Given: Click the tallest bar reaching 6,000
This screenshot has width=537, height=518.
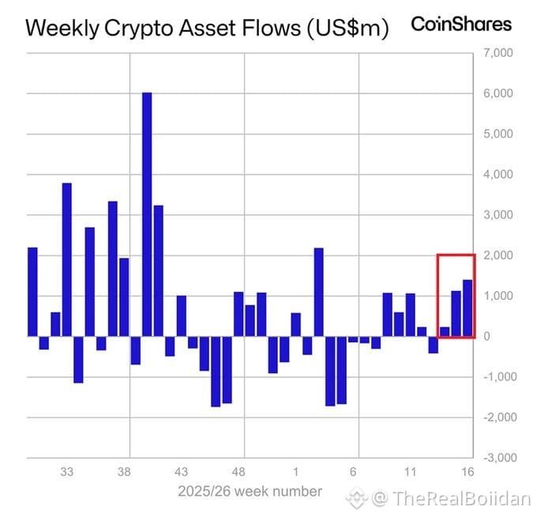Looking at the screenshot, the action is pyautogui.click(x=147, y=214).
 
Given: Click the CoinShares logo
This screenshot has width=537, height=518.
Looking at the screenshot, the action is pyautogui.click(x=461, y=25).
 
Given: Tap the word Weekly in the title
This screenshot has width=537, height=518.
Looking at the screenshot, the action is pyautogui.click(x=62, y=28).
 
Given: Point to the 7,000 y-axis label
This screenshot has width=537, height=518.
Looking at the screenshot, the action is pyautogui.click(x=498, y=53).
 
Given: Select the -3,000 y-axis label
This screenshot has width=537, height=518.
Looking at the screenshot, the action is pyautogui.click(x=500, y=458).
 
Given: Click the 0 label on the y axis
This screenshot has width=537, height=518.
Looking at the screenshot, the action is pyautogui.click(x=486, y=337).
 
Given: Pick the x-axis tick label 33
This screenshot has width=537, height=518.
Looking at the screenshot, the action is pyautogui.click(x=67, y=472).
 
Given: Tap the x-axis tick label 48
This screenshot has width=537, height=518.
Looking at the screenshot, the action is pyautogui.click(x=238, y=472).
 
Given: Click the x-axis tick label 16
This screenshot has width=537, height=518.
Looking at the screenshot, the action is pyautogui.click(x=468, y=472).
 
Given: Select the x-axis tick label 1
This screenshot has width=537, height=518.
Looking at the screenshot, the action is pyautogui.click(x=295, y=472).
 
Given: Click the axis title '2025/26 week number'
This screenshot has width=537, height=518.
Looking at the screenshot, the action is pyautogui.click(x=250, y=491).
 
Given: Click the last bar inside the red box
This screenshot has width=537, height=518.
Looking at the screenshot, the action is pyautogui.click(x=468, y=308).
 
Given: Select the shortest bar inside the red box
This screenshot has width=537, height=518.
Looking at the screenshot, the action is pyautogui.click(x=445, y=331).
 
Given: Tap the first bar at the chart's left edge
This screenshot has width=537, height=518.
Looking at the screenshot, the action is pyautogui.click(x=32, y=292).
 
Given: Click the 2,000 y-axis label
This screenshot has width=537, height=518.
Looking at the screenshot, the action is pyautogui.click(x=498, y=255).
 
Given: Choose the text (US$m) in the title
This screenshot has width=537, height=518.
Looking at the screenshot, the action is pyautogui.click(x=347, y=28).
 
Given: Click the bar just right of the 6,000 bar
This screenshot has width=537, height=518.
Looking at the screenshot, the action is pyautogui.click(x=159, y=271).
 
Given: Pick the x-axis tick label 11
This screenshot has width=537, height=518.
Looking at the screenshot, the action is pyautogui.click(x=410, y=472).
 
